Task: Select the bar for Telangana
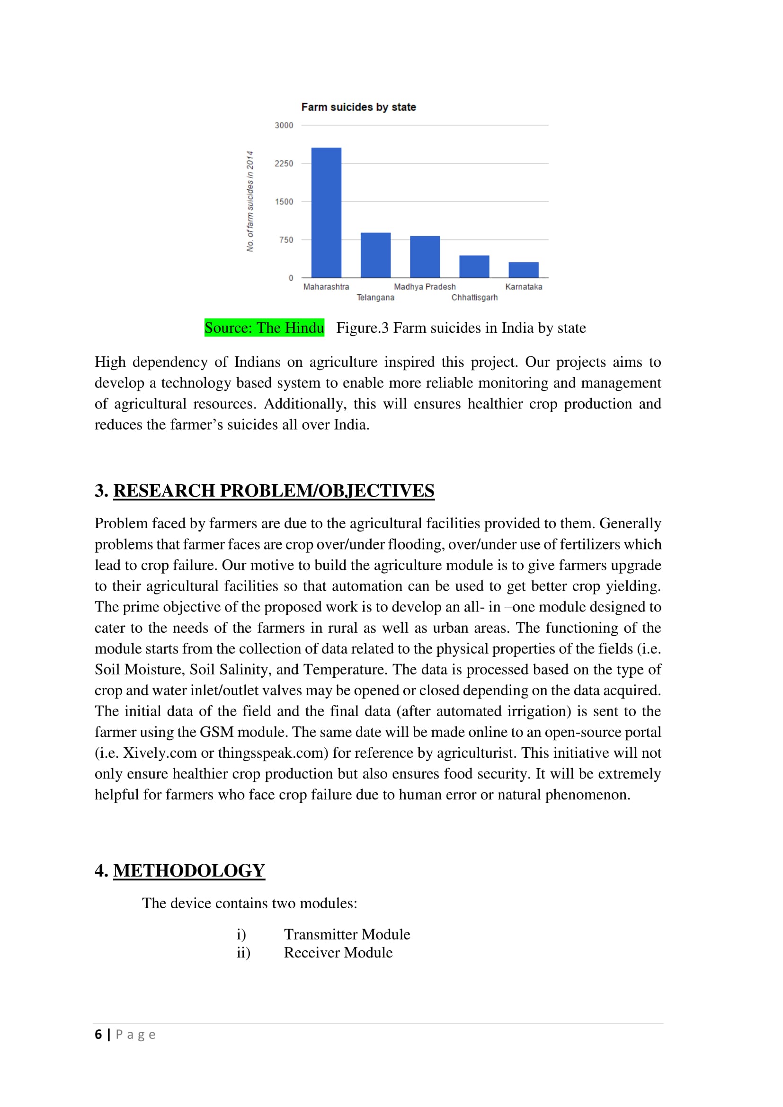[375, 255]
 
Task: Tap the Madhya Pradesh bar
[425, 257]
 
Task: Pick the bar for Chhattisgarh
[474, 266]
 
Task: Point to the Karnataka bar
[523, 269]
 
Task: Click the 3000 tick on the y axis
[284, 125]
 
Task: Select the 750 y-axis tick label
[286, 239]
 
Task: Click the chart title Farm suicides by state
[358, 107]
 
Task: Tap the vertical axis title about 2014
[250, 201]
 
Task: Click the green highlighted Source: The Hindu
[264, 328]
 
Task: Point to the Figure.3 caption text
[461, 328]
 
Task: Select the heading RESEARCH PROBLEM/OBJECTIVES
[273, 490]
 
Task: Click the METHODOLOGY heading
[189, 870]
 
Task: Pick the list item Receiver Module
[338, 952]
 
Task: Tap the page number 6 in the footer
[98, 1034]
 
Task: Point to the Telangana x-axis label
[375, 298]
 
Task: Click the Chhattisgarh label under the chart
[474, 298]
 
